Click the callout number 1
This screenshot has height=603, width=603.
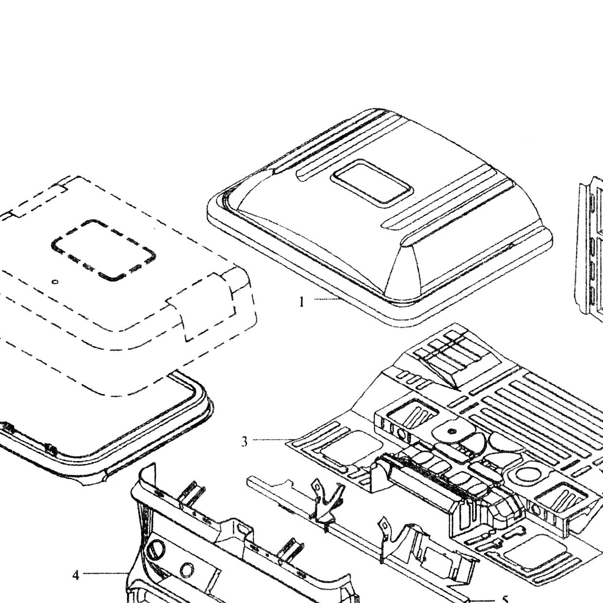click(301, 302)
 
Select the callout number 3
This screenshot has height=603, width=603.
click(245, 442)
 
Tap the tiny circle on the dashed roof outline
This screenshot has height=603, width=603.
click(55, 282)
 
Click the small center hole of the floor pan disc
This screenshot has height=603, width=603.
click(451, 432)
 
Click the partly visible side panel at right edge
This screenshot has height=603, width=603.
click(588, 247)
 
